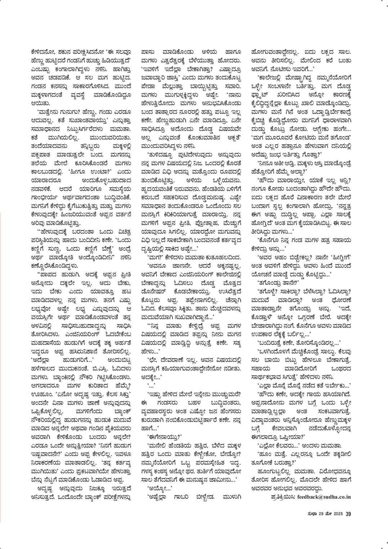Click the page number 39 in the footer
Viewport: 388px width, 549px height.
click(348, 514)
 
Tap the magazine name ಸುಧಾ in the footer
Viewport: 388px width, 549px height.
click(312, 514)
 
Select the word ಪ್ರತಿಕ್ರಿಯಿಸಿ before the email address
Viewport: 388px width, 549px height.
click(282, 497)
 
